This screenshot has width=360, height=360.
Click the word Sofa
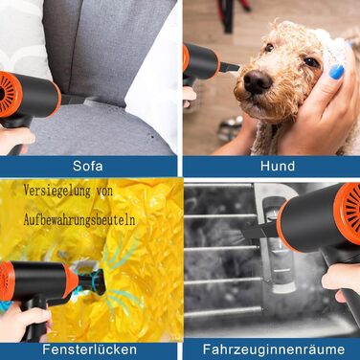[x=88, y=166]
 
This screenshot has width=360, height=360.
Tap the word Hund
[x=278, y=166]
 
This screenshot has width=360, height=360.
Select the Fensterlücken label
[x=90, y=349]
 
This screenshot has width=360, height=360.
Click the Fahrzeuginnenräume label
[x=274, y=349]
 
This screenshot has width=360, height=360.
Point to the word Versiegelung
[x=57, y=191]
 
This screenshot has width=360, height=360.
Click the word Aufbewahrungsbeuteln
[x=79, y=220]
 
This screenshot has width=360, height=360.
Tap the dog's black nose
[x=258, y=81]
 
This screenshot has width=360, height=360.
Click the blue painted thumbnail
[x=336, y=72]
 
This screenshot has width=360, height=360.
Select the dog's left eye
[x=311, y=61]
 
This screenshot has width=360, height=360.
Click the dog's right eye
[x=269, y=47]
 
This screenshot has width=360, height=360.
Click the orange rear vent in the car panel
[x=348, y=214]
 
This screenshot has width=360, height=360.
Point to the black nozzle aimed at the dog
[x=229, y=67]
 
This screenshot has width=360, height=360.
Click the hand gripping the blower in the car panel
[x=341, y=281]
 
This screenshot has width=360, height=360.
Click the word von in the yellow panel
[x=104, y=191]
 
